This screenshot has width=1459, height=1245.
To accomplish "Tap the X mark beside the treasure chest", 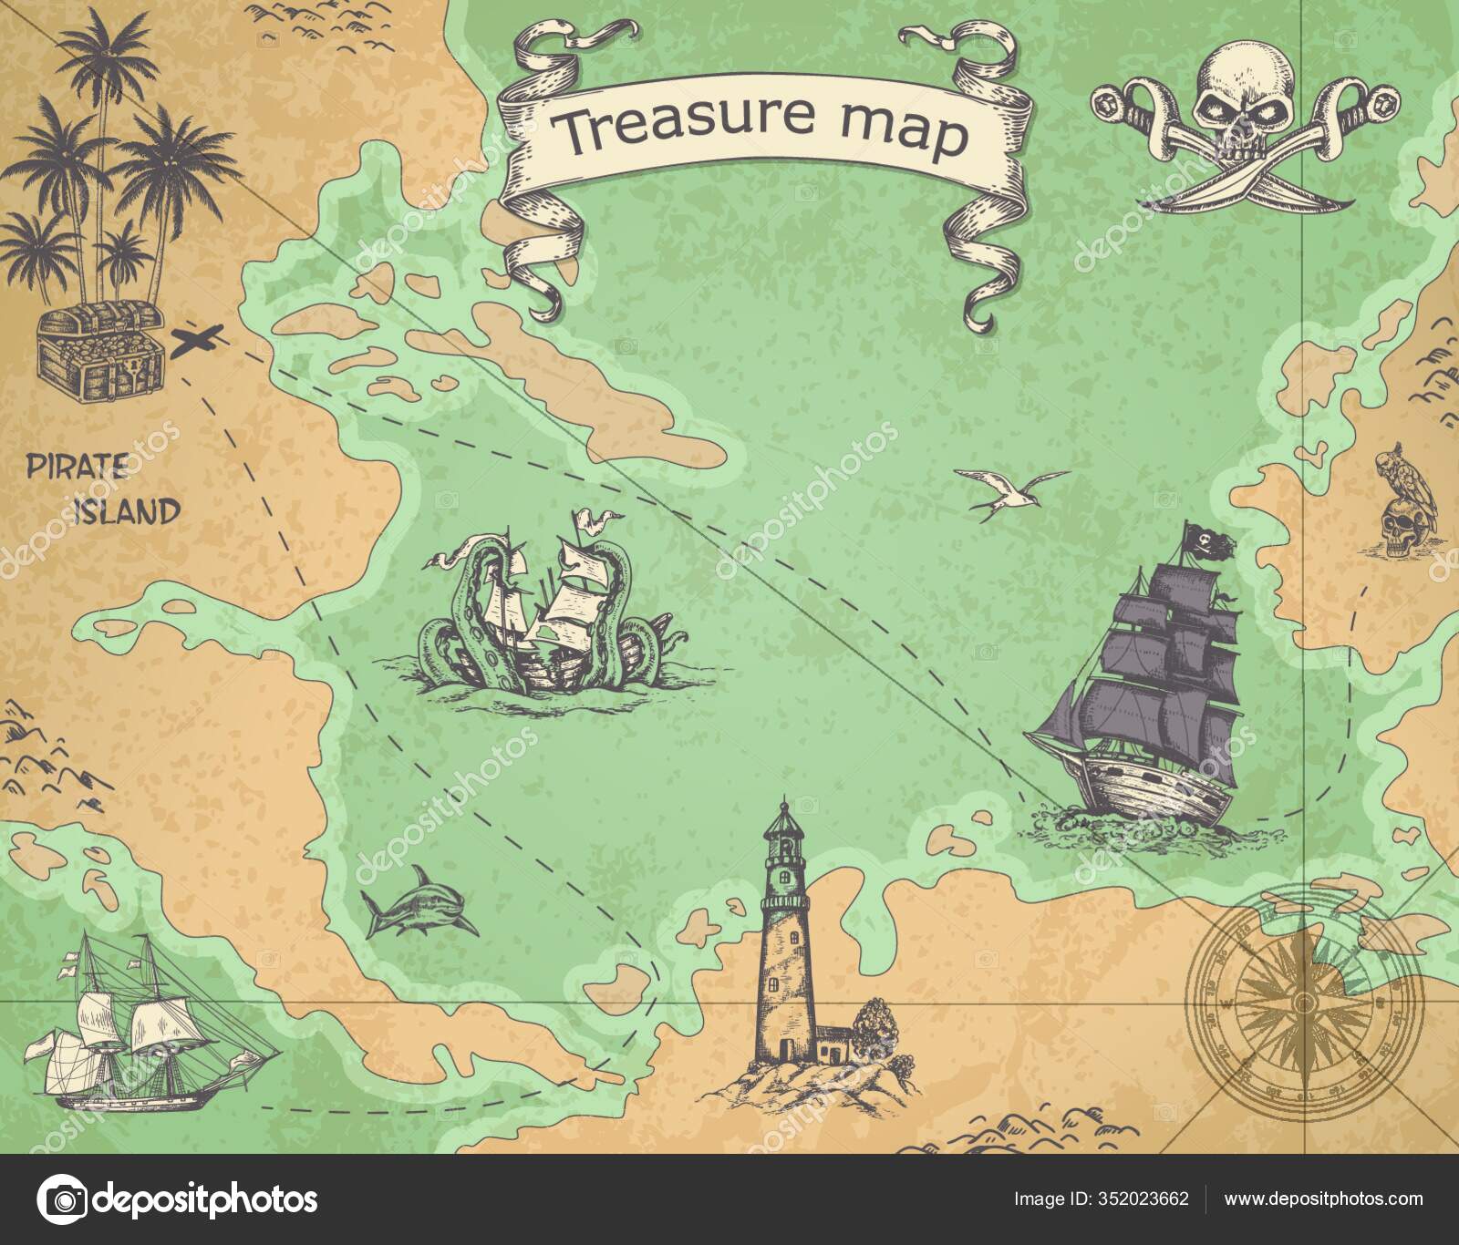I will coord(199,341).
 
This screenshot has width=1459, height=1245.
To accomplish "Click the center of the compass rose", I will coord(1305,1003).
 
